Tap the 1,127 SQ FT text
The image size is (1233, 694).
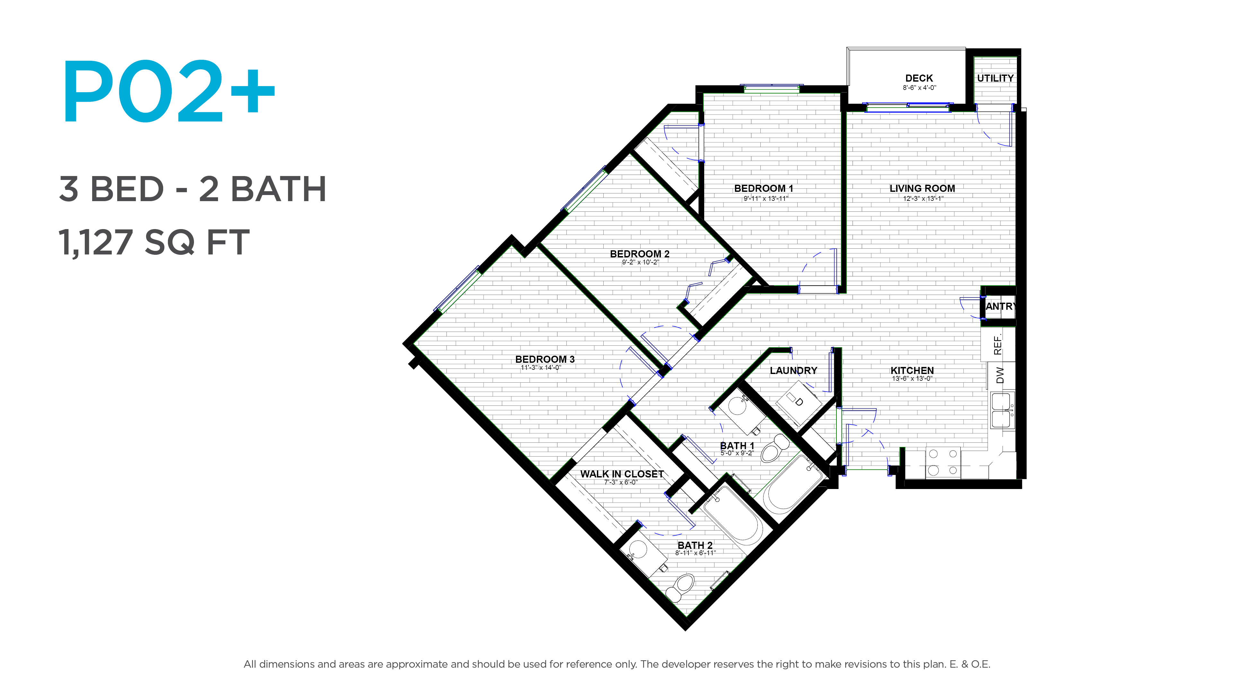(154, 242)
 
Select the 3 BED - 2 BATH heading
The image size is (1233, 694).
(192, 189)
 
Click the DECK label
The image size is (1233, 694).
(919, 78)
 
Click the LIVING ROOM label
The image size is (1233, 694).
(922, 189)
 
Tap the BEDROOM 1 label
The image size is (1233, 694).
(764, 189)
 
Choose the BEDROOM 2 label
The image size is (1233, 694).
(640, 254)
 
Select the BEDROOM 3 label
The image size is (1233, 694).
(545, 359)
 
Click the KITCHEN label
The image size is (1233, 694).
(912, 370)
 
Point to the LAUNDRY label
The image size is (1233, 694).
(793, 370)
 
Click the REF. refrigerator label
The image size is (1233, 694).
(998, 345)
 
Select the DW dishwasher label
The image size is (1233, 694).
(1000, 375)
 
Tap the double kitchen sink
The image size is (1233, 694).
(1001, 411)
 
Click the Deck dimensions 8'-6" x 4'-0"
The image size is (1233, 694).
(919, 88)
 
